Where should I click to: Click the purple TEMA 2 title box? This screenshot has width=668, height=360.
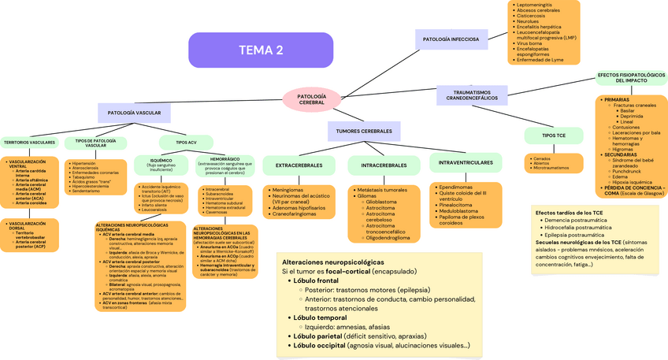pos(261,50)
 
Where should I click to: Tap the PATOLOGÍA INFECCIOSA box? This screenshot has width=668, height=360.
pos(451,39)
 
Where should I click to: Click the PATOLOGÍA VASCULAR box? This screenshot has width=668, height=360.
pos(134,113)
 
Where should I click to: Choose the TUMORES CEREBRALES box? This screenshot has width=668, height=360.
pos(364,131)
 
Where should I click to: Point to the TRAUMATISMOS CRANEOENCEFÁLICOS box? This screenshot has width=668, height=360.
pos(473,95)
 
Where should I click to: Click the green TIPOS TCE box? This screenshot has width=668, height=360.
pos(554,135)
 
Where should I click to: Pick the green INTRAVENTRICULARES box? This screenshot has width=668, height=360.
pos(465,163)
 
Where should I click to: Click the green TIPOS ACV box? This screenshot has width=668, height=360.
pos(187,142)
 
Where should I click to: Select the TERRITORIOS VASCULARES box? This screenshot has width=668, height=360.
pos(29,143)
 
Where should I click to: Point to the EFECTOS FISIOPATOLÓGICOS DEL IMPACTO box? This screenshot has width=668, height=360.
pos(631,77)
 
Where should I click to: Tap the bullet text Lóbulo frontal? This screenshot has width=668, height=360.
pos(315,280)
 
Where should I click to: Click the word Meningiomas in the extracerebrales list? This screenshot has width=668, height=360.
pos(287,190)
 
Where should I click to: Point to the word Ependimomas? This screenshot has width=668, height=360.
pos(456,187)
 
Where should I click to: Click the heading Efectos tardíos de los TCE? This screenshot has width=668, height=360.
pos(569,213)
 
